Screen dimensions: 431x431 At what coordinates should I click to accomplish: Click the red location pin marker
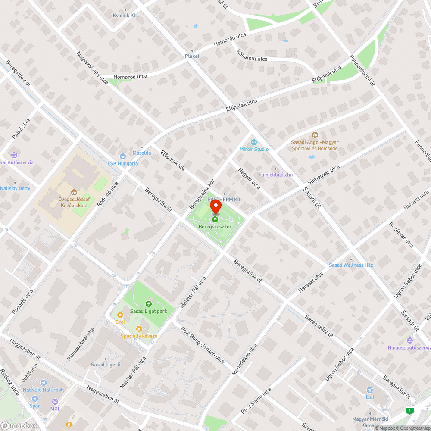(x=215, y=207)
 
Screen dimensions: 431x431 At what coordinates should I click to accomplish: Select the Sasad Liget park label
(x=149, y=311)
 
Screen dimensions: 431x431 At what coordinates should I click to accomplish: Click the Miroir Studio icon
(x=254, y=142)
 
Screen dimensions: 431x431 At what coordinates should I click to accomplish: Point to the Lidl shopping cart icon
(x=369, y=390)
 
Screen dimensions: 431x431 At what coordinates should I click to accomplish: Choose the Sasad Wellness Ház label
(x=351, y=265)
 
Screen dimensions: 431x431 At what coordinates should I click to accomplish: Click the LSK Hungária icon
(x=123, y=156)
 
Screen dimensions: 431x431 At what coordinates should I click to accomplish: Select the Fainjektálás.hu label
(x=276, y=175)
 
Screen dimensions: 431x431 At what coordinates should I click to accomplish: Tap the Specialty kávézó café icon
(x=139, y=329)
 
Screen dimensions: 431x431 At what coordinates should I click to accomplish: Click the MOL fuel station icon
(x=55, y=401)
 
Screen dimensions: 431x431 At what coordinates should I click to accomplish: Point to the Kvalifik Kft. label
(x=125, y=15)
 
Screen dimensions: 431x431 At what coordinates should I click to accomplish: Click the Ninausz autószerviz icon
(x=409, y=340)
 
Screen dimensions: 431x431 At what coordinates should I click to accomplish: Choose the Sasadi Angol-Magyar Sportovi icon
(x=315, y=135)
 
